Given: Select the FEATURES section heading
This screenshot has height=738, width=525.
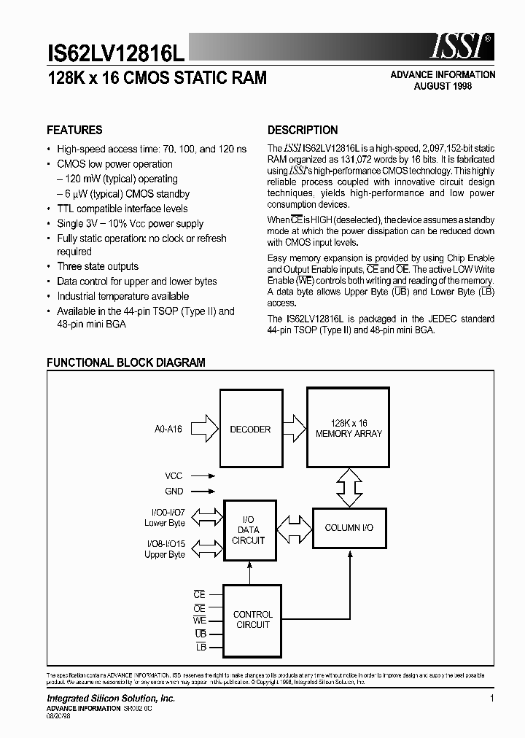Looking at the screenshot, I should coord(74,131).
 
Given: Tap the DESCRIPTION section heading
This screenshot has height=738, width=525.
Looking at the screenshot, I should coord(303,131).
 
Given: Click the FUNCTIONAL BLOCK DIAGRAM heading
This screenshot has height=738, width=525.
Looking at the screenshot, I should coord(126,362).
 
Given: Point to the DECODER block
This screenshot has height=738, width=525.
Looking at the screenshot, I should coord(250,430).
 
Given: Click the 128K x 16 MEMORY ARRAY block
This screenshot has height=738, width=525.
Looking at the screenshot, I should coord(349,429).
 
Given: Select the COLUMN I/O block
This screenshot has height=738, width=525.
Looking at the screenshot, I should coord(349,527).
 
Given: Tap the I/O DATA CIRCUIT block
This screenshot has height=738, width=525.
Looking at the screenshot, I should coord(249,530).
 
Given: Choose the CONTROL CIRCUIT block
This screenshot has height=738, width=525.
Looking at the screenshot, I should coord(252,620).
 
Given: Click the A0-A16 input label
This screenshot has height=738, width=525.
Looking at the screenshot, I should coord(168,430).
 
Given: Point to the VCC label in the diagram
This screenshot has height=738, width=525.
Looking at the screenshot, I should coord(174,475).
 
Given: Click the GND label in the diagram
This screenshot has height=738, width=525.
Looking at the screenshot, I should coord(174,492).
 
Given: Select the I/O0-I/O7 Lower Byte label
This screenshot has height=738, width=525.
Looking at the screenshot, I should coord(165,518).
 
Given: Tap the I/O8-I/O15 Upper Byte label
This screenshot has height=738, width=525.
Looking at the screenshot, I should coord(165,549).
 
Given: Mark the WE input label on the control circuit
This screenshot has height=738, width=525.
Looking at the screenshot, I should coord(199,621).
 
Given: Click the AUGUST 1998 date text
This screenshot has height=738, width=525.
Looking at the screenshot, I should coord(443,86).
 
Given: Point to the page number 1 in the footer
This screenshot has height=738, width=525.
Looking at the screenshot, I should coord(492,699).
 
